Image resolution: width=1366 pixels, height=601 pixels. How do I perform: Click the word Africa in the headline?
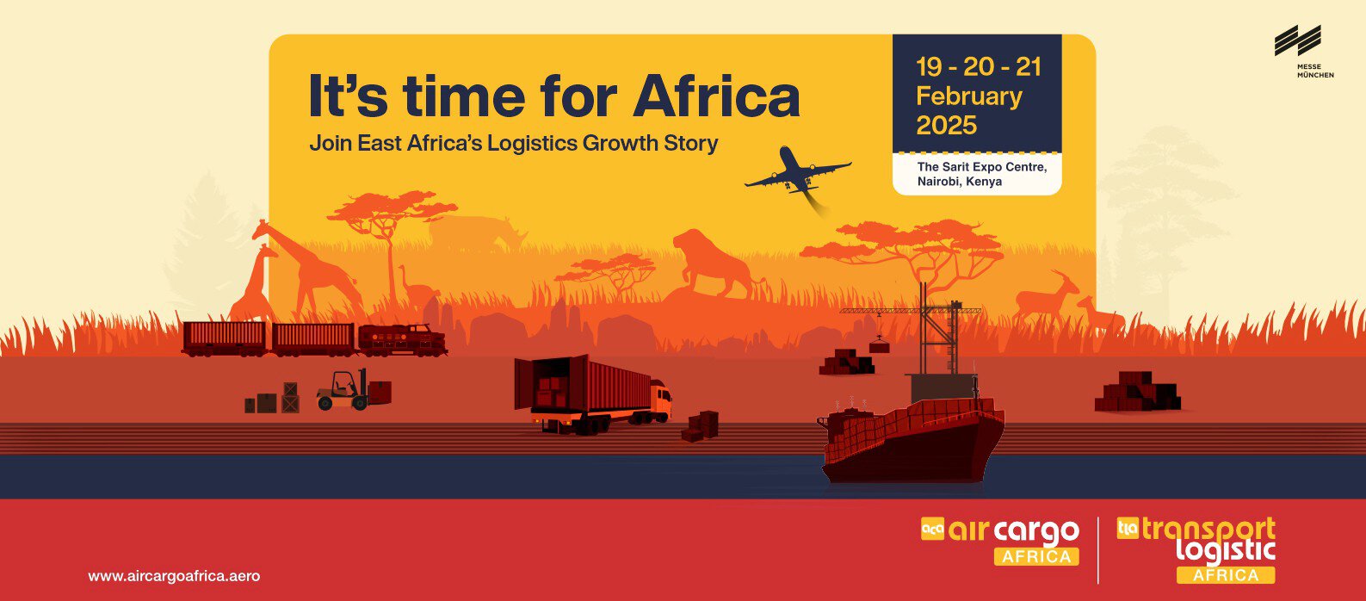717,96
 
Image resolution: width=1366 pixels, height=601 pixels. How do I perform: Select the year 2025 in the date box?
947,126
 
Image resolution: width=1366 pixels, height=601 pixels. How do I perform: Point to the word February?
969,97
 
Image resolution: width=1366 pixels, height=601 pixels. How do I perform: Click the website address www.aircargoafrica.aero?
175,576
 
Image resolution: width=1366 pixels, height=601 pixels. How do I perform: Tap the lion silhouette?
720,263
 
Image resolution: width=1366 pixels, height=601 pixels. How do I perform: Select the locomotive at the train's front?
402,340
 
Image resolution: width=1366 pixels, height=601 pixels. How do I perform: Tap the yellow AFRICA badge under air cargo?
1036,556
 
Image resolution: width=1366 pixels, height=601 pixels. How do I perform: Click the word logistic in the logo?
1226,550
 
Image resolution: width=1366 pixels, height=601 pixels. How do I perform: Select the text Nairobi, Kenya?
959,182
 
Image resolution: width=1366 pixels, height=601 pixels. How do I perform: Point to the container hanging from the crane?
879,346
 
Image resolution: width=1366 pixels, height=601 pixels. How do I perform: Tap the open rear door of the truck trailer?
523,383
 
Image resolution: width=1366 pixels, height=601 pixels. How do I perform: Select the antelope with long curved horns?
1045,297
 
